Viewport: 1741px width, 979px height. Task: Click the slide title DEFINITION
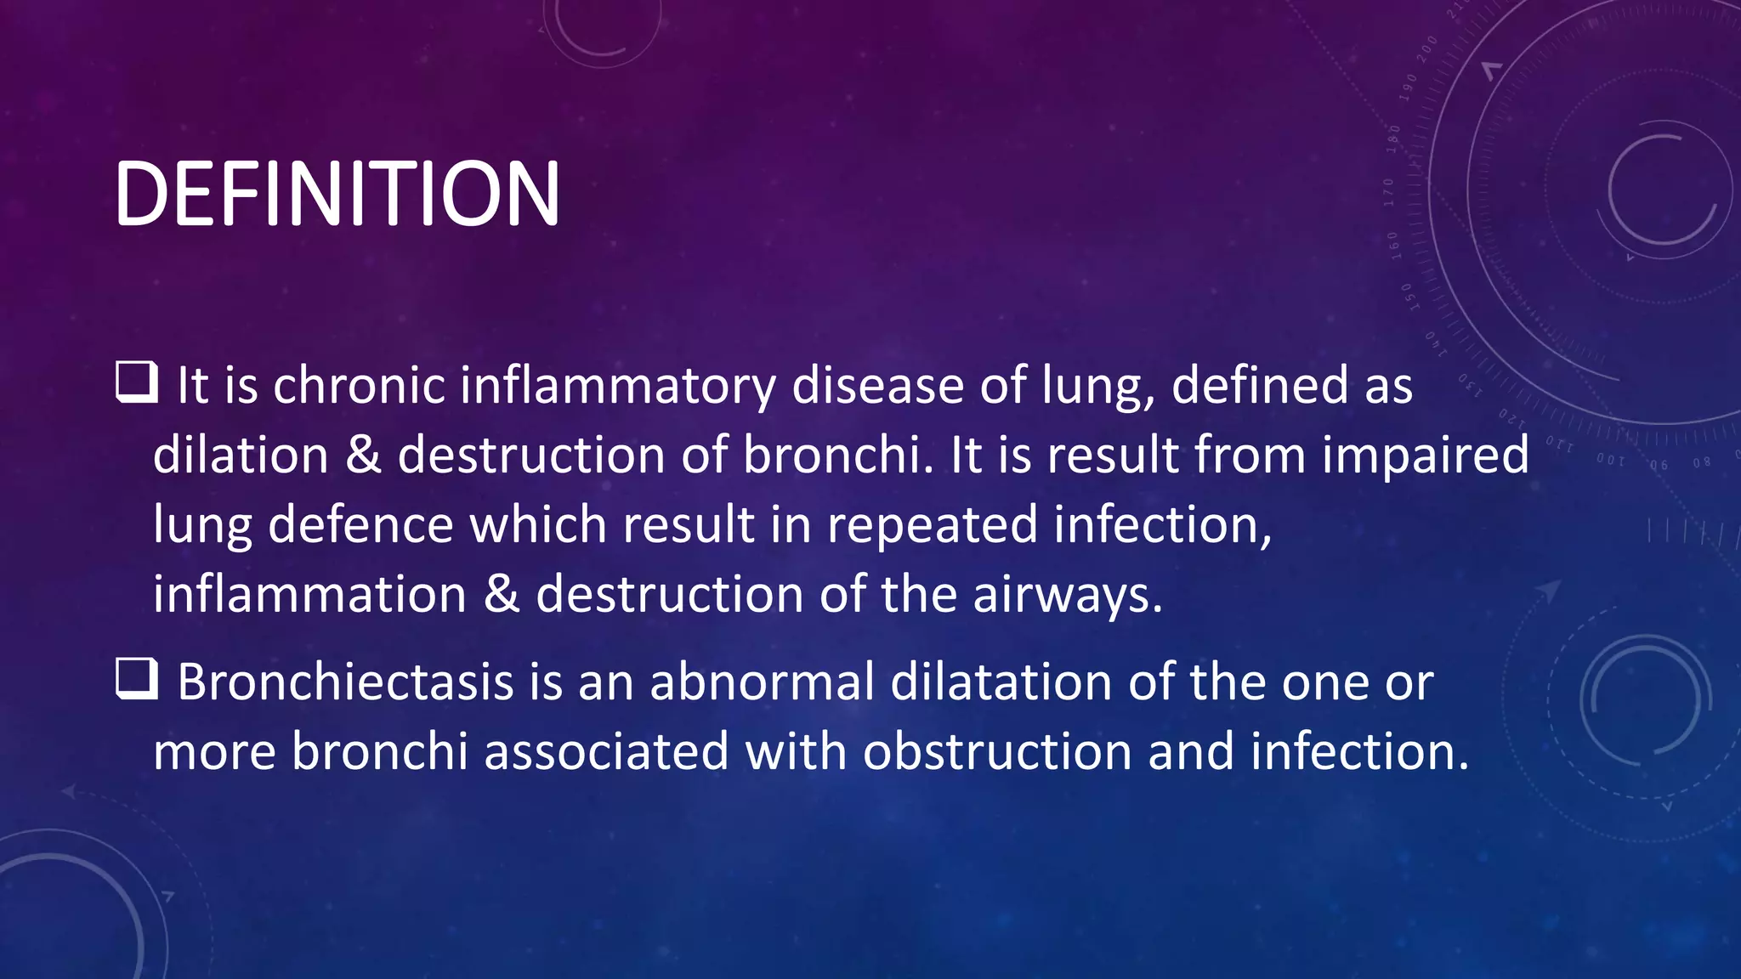337,195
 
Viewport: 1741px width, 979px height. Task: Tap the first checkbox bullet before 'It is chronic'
136,382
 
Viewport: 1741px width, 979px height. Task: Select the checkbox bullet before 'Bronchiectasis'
136,680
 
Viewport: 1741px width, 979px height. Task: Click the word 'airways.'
1068,595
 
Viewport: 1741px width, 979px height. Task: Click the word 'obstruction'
997,752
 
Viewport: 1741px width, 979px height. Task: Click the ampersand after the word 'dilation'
363,455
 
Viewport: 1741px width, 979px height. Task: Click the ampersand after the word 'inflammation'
501,594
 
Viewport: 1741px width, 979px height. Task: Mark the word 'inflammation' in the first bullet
309,594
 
